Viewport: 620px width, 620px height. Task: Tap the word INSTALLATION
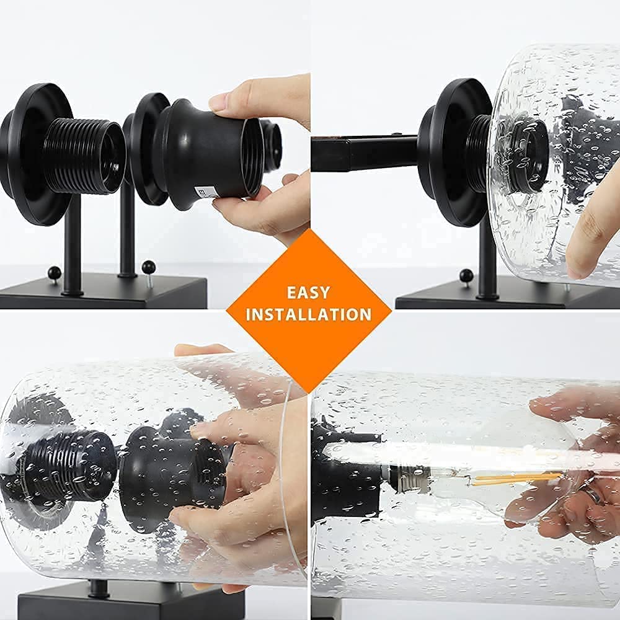[308, 314]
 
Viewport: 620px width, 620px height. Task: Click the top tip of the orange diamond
[309, 229]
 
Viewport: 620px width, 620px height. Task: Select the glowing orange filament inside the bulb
[517, 479]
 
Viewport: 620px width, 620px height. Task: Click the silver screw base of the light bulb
[409, 479]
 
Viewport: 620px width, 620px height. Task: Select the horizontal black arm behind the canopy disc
[365, 153]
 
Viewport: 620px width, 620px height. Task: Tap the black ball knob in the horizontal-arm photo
[466, 275]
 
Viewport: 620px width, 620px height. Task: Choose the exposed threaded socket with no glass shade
[84, 156]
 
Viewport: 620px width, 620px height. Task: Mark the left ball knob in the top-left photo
[54, 273]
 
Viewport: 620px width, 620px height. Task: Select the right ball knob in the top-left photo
[148, 267]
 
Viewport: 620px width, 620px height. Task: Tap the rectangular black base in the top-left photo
[104, 293]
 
